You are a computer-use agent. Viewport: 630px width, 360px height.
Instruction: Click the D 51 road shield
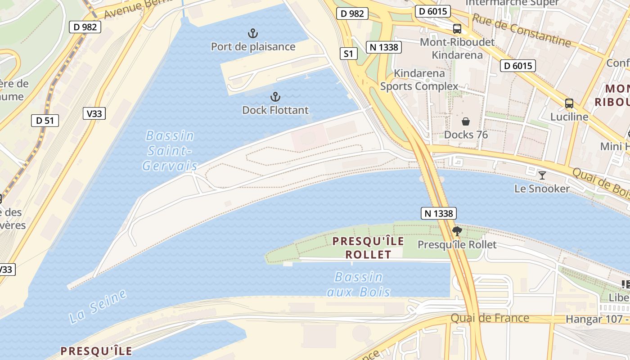[45, 121]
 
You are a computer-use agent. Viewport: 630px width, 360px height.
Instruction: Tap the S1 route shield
[348, 54]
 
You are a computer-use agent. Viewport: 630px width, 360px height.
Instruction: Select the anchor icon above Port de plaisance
[253, 33]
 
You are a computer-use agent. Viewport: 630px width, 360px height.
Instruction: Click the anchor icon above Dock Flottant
[275, 97]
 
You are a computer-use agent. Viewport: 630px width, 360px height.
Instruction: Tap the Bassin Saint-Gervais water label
[170, 151]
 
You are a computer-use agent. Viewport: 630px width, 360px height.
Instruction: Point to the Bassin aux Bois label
[359, 284]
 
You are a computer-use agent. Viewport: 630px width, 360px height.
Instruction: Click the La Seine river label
[98, 307]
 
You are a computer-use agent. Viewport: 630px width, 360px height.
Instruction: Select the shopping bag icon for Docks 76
[466, 121]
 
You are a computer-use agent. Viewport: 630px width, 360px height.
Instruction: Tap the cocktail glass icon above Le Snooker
[542, 175]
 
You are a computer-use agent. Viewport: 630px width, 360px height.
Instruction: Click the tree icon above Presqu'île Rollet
[457, 231]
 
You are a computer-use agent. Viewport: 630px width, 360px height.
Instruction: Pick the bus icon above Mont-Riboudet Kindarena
[457, 29]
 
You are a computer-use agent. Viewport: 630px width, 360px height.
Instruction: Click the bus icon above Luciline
[569, 103]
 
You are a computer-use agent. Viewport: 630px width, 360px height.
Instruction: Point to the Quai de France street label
[490, 318]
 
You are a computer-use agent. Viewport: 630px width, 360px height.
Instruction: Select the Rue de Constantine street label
[521, 30]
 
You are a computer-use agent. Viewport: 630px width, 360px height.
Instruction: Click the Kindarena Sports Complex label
[419, 80]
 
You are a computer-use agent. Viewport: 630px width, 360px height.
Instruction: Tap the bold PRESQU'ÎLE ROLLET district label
[368, 247]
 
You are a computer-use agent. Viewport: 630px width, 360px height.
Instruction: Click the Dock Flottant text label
[275, 110]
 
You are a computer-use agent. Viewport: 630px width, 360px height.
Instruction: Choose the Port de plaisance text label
[253, 47]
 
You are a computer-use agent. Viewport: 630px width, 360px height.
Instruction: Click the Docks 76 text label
[466, 135]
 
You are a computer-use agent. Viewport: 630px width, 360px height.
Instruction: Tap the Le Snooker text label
[542, 189]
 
